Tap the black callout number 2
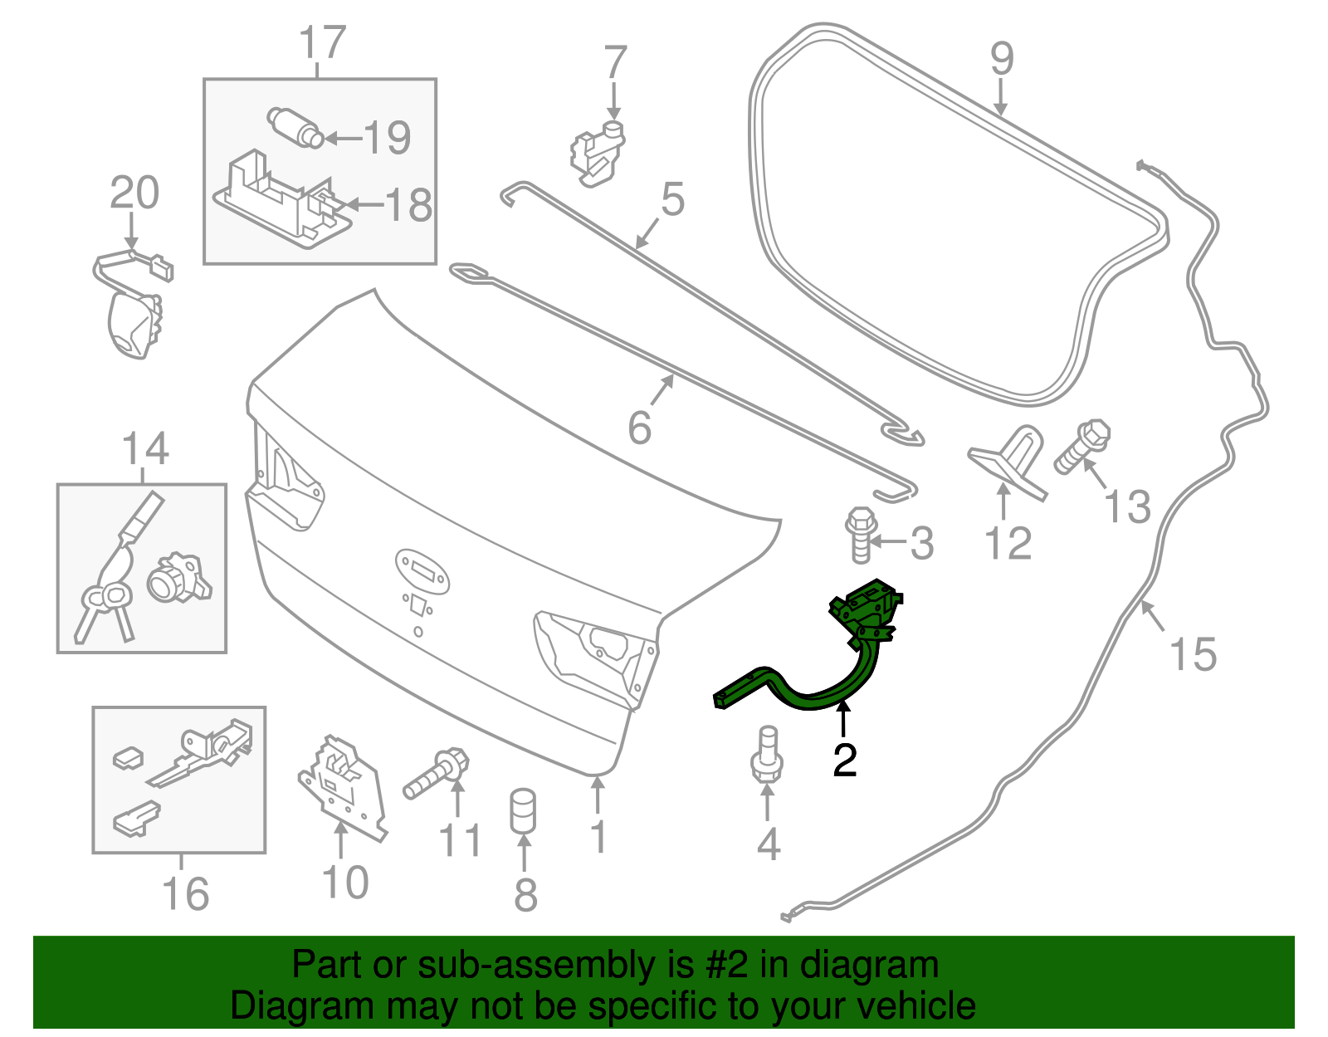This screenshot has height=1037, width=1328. point(844,760)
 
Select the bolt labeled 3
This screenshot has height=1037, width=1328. point(860,535)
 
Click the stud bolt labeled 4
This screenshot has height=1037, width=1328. point(767,756)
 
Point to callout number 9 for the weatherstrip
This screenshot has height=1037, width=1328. point(1002,59)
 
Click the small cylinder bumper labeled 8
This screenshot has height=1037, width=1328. point(522,810)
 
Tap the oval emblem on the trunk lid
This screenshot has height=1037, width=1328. point(422,570)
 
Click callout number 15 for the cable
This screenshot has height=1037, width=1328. point(1193,654)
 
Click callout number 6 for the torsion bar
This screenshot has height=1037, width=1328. point(640,428)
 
